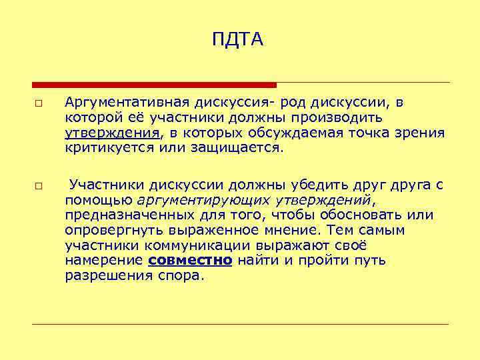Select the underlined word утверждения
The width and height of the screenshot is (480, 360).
[112, 133]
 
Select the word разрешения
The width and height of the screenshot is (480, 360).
[106, 275]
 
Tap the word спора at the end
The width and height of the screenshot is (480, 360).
[178, 275]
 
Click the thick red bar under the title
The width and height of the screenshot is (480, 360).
[154, 85]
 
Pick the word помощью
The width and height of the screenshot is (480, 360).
[98, 200]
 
